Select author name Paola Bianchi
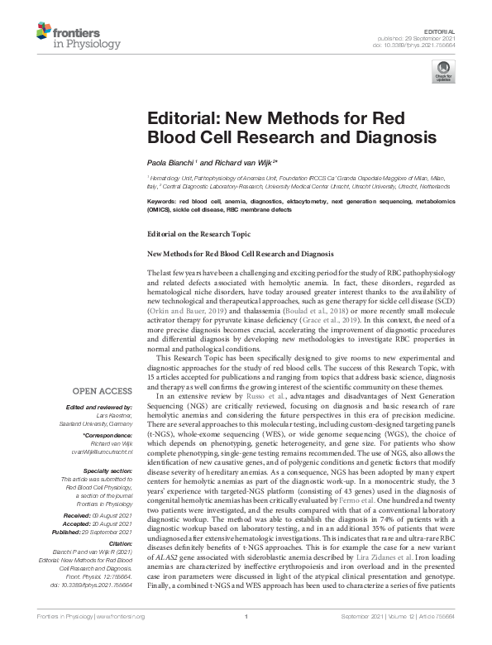[169, 161]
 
